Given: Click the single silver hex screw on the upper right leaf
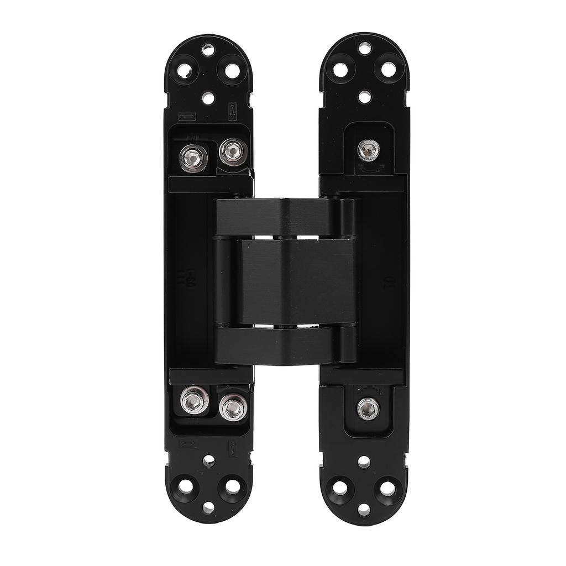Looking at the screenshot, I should coord(368,149).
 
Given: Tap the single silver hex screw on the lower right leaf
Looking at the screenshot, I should coord(368,408).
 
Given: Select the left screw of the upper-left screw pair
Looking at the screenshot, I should coord(194,156).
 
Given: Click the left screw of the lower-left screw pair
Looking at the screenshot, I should coord(194,401).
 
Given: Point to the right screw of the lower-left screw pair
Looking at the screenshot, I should coord(233,408).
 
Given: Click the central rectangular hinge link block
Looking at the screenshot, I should coord(297,281).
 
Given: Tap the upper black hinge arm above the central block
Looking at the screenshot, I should coord(282,217).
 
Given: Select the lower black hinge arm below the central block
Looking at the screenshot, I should coord(282,345).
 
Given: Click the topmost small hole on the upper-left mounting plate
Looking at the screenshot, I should coord(208,50).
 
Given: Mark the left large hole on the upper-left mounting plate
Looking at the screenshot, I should coord(185,71).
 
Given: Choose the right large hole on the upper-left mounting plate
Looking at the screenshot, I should coord(232,71).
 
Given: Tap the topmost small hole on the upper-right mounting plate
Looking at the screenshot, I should coord(365,49).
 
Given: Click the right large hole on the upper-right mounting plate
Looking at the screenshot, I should coord(389,70).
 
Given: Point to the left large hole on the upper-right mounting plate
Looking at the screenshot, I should coord(340,70).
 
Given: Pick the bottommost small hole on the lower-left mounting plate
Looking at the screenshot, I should coord(208,507).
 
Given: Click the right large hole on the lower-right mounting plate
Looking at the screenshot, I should coord(387,488).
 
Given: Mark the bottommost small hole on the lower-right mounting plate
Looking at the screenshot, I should coord(364,509).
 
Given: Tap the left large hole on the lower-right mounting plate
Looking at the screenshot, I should coord(340,488).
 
